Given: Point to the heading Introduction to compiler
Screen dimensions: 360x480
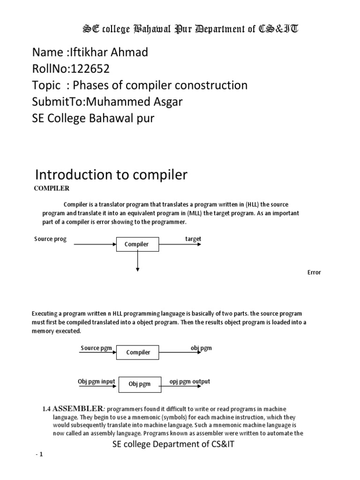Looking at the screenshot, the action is [x=111, y=175].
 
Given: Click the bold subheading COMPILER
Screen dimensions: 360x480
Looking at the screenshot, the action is [x=52, y=188].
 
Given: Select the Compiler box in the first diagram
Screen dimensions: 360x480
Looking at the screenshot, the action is [x=137, y=244].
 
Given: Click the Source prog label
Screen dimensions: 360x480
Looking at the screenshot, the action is [x=51, y=239].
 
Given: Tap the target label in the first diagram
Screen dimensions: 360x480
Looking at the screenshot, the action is [x=193, y=239].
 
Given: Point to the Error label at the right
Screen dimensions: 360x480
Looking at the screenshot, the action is [x=314, y=272].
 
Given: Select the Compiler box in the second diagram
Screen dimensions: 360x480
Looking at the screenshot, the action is [x=138, y=352].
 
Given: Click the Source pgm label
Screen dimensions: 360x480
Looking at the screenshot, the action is [x=97, y=348].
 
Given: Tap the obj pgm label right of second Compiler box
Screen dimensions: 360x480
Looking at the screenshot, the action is [x=201, y=348].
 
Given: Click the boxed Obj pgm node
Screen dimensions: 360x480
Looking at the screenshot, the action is [x=140, y=384].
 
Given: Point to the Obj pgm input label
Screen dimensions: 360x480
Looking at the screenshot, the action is [x=96, y=382].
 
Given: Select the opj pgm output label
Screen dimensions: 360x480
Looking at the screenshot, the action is [x=190, y=382].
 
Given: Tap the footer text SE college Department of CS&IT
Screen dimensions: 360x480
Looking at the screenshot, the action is [x=173, y=444].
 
